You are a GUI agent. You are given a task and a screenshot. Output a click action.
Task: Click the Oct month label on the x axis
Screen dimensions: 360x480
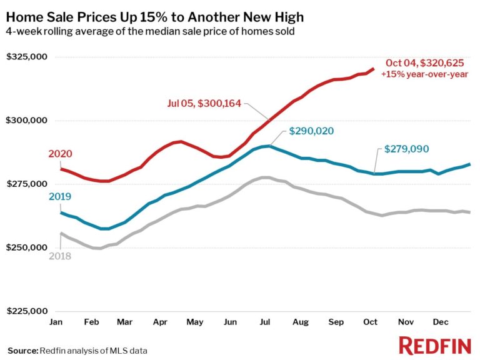pyautogui.click(x=370, y=322)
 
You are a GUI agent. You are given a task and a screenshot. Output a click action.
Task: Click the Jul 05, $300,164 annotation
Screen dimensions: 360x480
pyautogui.click(x=203, y=103)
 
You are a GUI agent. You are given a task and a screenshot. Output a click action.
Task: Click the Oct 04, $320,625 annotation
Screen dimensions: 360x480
pyautogui.click(x=425, y=62)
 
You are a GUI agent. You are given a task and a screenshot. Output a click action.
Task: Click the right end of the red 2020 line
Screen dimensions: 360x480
pyautogui.click(x=373, y=69)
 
